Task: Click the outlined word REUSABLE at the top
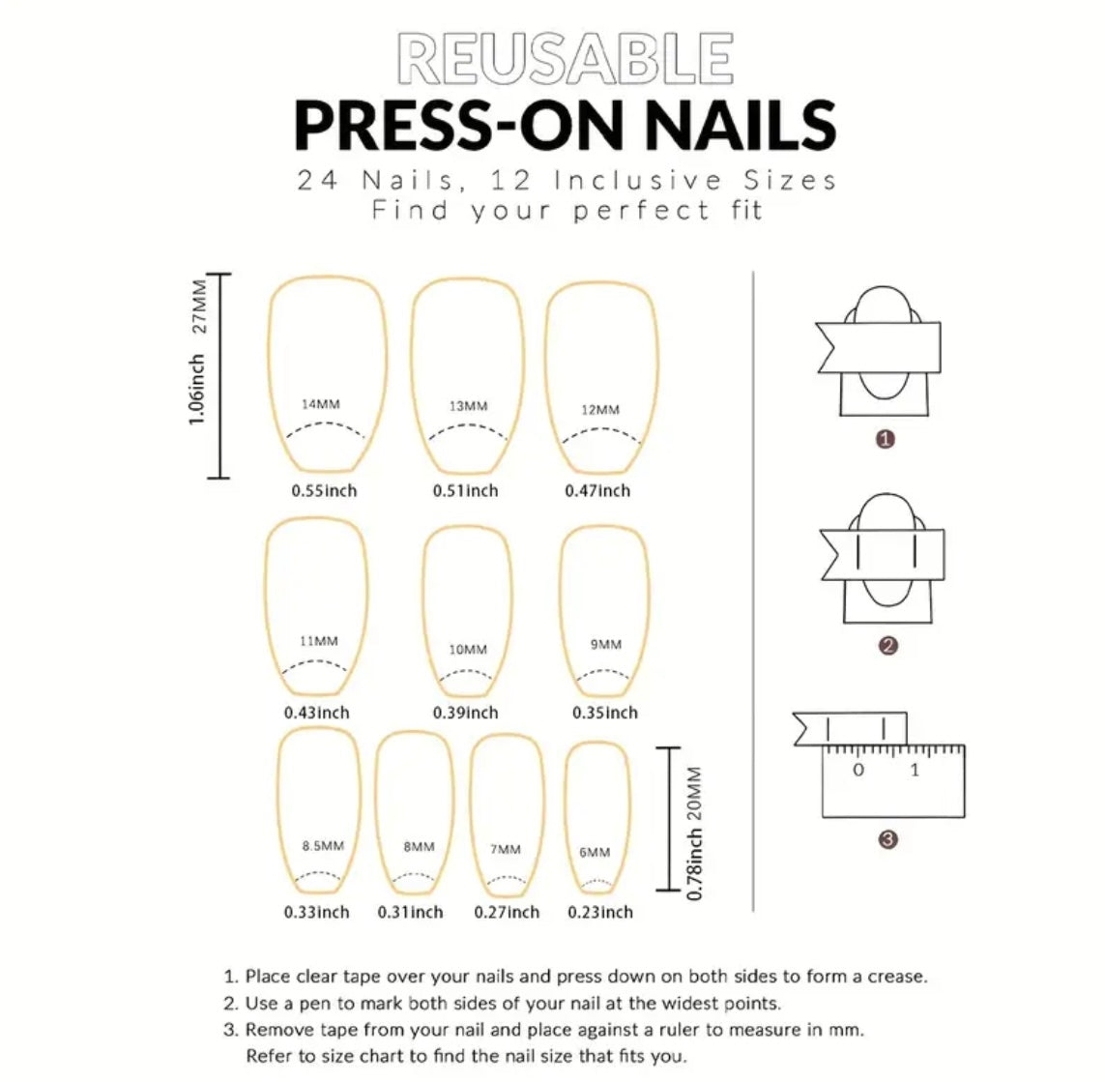565,59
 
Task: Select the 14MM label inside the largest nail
320,404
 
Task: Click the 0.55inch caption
324,491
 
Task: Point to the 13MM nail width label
468,406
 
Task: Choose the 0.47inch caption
597,491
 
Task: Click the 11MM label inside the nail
319,641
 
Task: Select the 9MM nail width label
605,644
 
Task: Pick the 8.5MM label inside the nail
322,846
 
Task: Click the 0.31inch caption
410,912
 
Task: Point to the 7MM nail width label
505,849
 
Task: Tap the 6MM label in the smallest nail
595,852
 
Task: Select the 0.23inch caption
600,912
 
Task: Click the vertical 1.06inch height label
197,389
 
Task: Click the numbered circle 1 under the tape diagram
885,439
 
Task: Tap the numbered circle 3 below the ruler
888,839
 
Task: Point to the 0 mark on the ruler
858,771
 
